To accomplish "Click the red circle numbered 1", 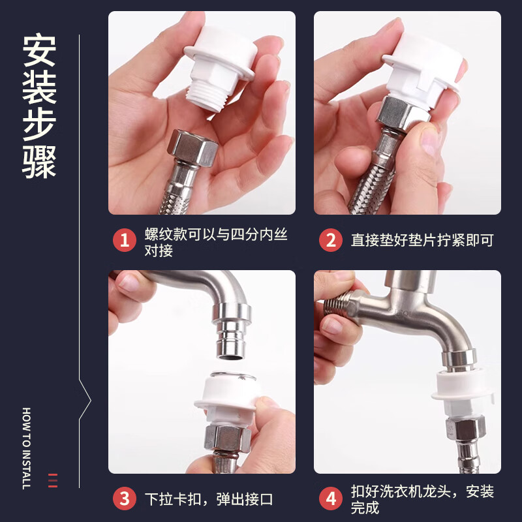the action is (x=124, y=240).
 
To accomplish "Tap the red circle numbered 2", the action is (x=331, y=240).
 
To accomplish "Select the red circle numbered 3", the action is (x=124, y=499).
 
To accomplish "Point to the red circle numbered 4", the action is (x=331, y=499).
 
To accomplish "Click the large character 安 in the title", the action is (x=39, y=50).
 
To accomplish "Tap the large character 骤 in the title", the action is (x=39, y=162).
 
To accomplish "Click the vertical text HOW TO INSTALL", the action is (x=27, y=448).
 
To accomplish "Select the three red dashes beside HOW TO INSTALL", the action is (x=53, y=480).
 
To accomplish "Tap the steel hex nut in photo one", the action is (x=192, y=147).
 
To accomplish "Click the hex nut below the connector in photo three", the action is (x=226, y=438).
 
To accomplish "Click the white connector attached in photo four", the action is (x=463, y=393).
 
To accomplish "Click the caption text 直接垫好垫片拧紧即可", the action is (x=422, y=240).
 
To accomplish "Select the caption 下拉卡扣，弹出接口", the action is (x=209, y=499).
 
